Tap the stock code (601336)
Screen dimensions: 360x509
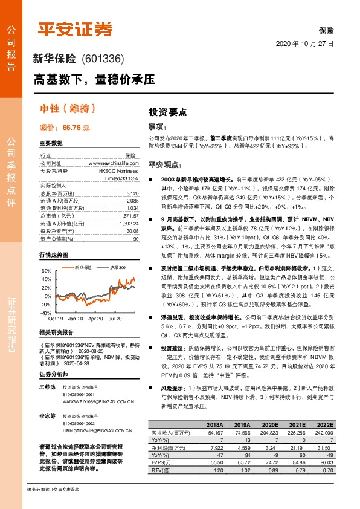101,59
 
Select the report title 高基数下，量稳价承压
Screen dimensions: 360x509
94,79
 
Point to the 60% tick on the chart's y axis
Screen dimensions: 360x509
47,271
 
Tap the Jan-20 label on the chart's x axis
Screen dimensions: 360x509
76,318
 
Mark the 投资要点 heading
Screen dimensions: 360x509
168,112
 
